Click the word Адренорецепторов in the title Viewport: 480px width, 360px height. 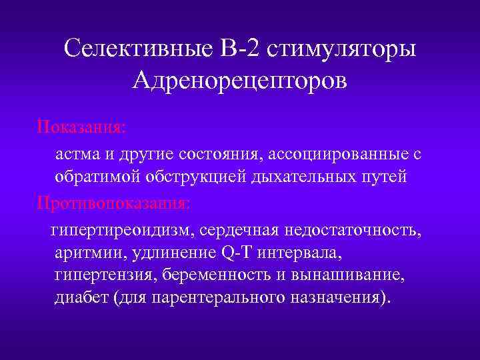point(239,81)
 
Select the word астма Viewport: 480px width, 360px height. point(75,155)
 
